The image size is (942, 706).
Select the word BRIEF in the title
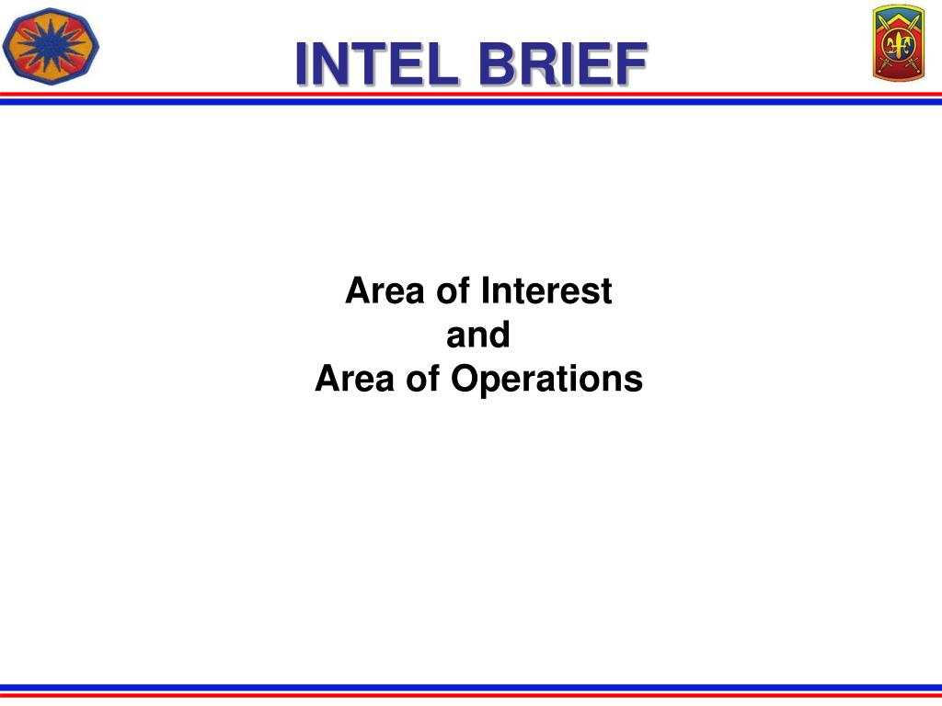561,64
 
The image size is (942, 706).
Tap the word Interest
546,291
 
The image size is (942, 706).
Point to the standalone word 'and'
478,336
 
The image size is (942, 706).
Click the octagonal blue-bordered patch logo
51,44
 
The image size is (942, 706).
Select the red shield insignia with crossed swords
898,44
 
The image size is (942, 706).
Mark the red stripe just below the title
471,95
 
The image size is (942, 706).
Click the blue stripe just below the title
471,101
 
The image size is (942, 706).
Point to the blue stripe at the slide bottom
471,687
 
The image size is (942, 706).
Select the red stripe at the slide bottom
471,694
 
